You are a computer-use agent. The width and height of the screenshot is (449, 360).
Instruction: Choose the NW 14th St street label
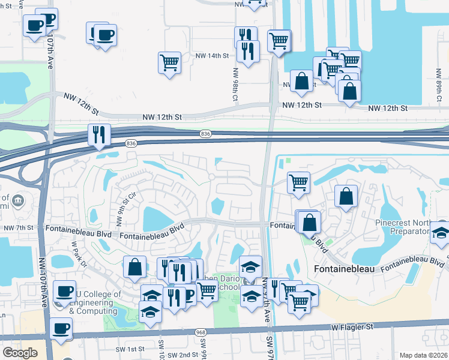coord(212,55)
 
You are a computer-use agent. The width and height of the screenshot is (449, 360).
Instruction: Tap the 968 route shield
coord(200,332)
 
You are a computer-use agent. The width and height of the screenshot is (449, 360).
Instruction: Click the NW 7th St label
coord(17,228)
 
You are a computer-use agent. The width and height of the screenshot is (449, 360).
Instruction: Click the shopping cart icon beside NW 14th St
coord(170,62)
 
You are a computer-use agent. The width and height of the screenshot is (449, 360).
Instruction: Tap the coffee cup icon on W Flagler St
coord(62,329)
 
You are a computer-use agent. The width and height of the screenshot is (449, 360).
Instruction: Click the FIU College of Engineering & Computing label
coord(93,302)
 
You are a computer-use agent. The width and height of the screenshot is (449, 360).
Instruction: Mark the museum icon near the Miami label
coord(17,200)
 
